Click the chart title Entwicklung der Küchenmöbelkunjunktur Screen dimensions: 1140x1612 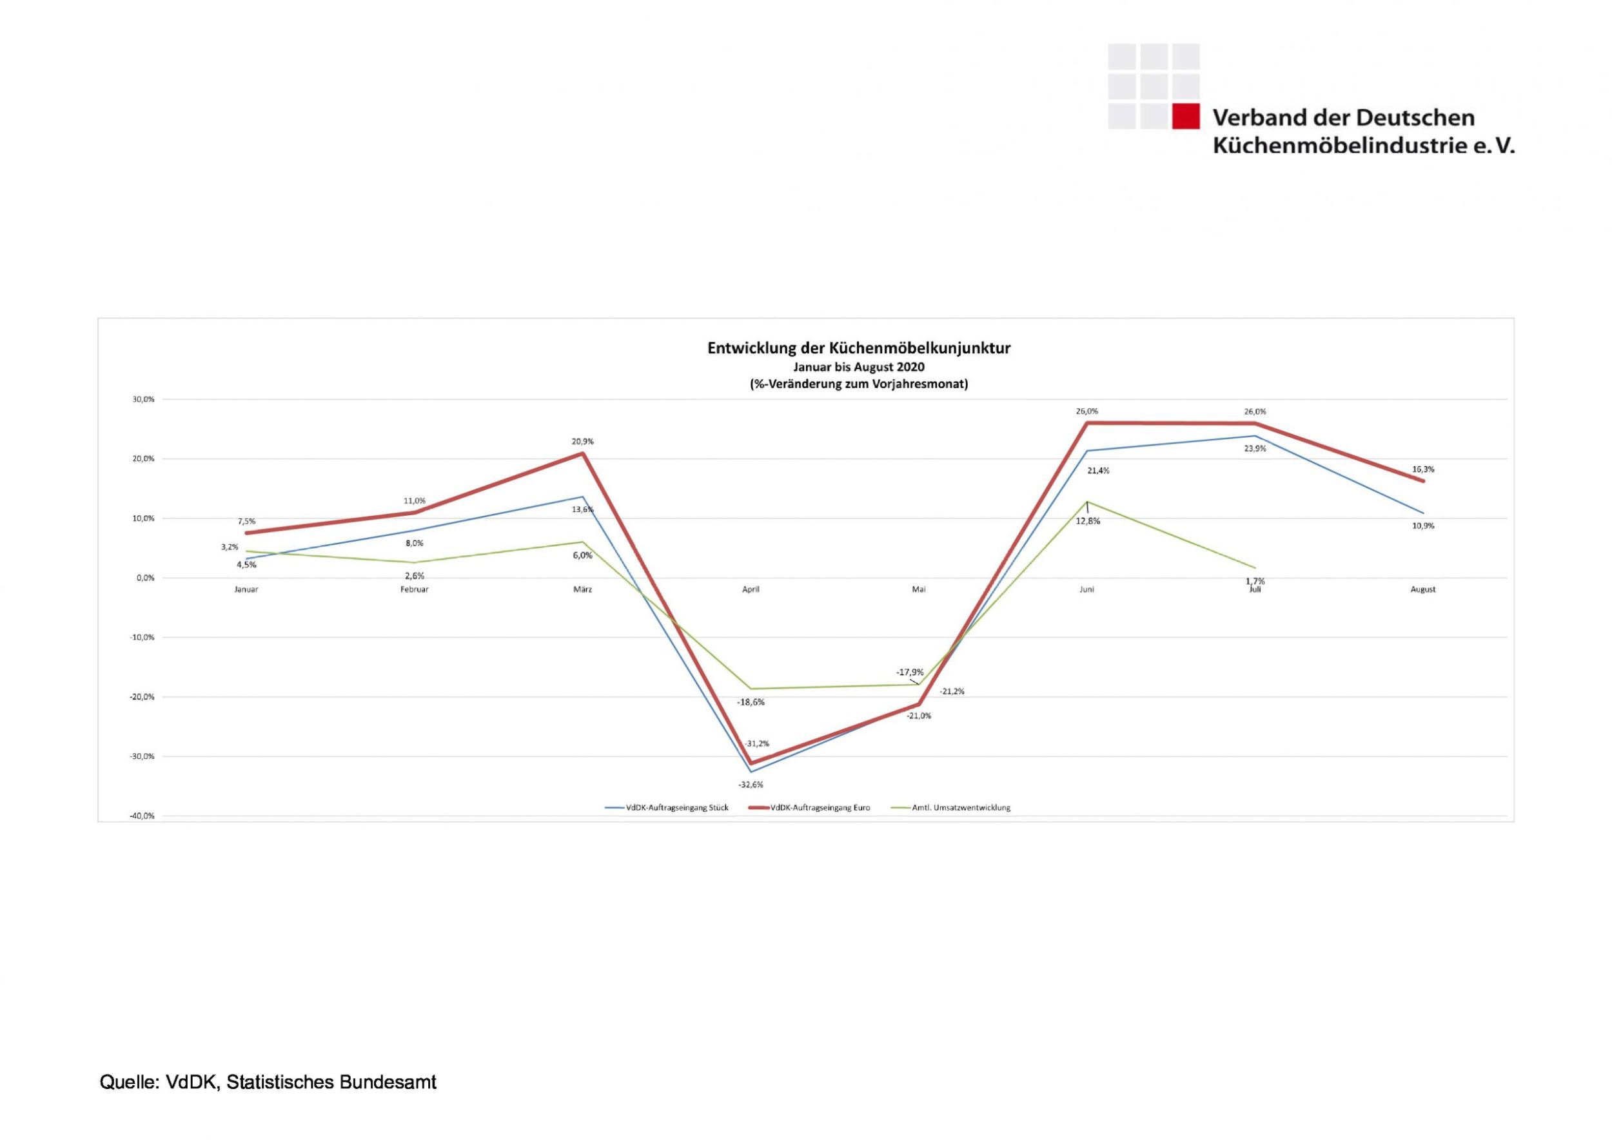pyautogui.click(x=859, y=348)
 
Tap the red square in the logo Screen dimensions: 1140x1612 pyautogui.click(x=1186, y=116)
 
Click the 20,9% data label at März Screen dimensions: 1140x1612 pyautogui.click(x=582, y=442)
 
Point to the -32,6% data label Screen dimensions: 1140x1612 pyautogui.click(x=751, y=785)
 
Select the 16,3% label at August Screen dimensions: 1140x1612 pyautogui.click(x=1423, y=469)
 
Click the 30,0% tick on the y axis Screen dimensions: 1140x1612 pyautogui.click(x=144, y=399)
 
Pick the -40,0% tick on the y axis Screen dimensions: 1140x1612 pyautogui.click(x=143, y=816)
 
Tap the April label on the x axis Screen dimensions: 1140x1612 pyautogui.click(x=751, y=589)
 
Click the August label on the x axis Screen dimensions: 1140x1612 pyautogui.click(x=1423, y=589)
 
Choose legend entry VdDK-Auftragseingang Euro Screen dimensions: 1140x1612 pyautogui.click(x=820, y=808)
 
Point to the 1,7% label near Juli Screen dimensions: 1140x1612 pyautogui.click(x=1255, y=580)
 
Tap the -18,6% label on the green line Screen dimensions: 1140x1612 pyautogui.click(x=751, y=702)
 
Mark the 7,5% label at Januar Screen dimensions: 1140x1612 pyautogui.click(x=246, y=522)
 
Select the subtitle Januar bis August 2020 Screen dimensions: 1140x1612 pyautogui.click(x=859, y=367)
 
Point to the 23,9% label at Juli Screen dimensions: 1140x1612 pyautogui.click(x=1255, y=449)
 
